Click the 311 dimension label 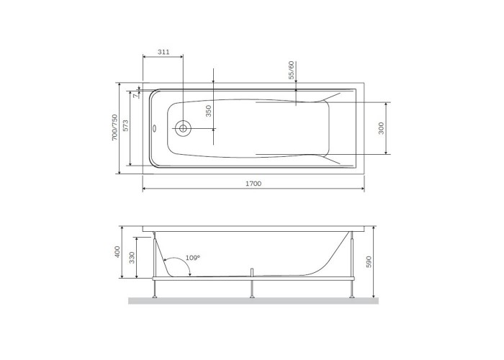[163, 52]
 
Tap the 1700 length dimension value [253, 184]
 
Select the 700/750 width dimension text [114, 127]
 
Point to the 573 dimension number [125, 125]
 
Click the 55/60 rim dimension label [291, 70]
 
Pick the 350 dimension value [209, 111]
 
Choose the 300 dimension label [381, 128]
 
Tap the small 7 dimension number [136, 96]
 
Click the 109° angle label [193, 258]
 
